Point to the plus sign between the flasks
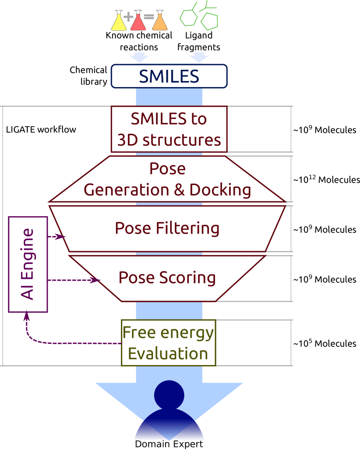point(128,17)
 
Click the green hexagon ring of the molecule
point(188,18)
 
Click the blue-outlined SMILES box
point(169,76)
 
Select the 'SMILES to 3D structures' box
point(169,129)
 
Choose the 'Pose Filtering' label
point(167,228)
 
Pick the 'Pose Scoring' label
point(167,278)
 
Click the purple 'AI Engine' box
point(28,264)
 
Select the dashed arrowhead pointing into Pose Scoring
point(96,281)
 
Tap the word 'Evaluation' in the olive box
point(168,353)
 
